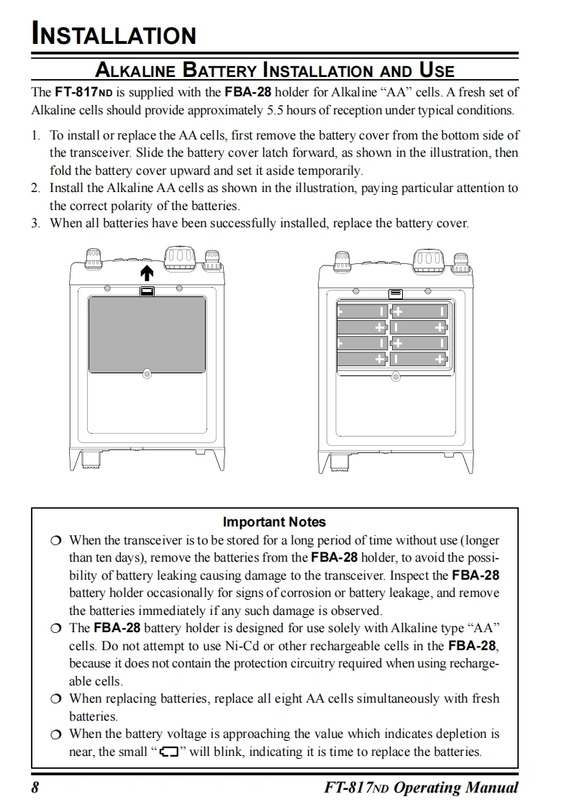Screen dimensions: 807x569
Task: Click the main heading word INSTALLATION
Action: click(x=114, y=35)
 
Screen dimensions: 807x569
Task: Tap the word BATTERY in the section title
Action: click(x=219, y=70)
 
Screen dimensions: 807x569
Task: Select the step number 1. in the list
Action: click(x=36, y=135)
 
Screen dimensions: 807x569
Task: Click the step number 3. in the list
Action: click(x=36, y=223)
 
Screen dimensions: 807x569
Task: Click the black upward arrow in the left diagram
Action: click(x=147, y=273)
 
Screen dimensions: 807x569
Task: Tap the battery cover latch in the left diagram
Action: click(x=147, y=291)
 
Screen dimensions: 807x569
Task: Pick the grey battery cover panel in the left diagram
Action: click(x=147, y=334)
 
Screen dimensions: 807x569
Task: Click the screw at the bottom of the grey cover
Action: click(x=147, y=374)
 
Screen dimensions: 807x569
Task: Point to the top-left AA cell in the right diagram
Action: click(x=362, y=311)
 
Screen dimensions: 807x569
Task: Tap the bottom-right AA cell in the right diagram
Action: click(x=419, y=358)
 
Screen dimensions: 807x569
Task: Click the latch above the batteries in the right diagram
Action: click(x=396, y=293)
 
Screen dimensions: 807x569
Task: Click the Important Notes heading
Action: click(x=274, y=522)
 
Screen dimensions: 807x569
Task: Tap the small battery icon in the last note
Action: click(x=168, y=752)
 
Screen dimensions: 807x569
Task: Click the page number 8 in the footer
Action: click(x=35, y=788)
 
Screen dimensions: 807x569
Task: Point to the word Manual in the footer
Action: click(x=490, y=788)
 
